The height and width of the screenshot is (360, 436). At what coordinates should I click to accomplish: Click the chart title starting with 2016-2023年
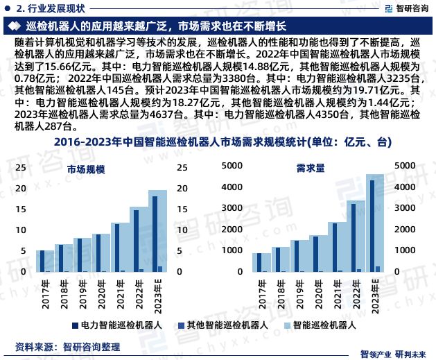click(218, 143)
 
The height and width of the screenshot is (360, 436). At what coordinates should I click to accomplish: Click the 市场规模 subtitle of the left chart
click(87, 169)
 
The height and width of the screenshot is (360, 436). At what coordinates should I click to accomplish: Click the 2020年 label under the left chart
click(101, 291)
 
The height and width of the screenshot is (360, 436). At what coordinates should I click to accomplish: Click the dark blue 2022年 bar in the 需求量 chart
click(353, 237)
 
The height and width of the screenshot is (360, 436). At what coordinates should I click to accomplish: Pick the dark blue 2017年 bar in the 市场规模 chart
click(41, 261)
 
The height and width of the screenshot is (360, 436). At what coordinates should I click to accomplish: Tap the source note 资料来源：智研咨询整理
click(68, 345)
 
